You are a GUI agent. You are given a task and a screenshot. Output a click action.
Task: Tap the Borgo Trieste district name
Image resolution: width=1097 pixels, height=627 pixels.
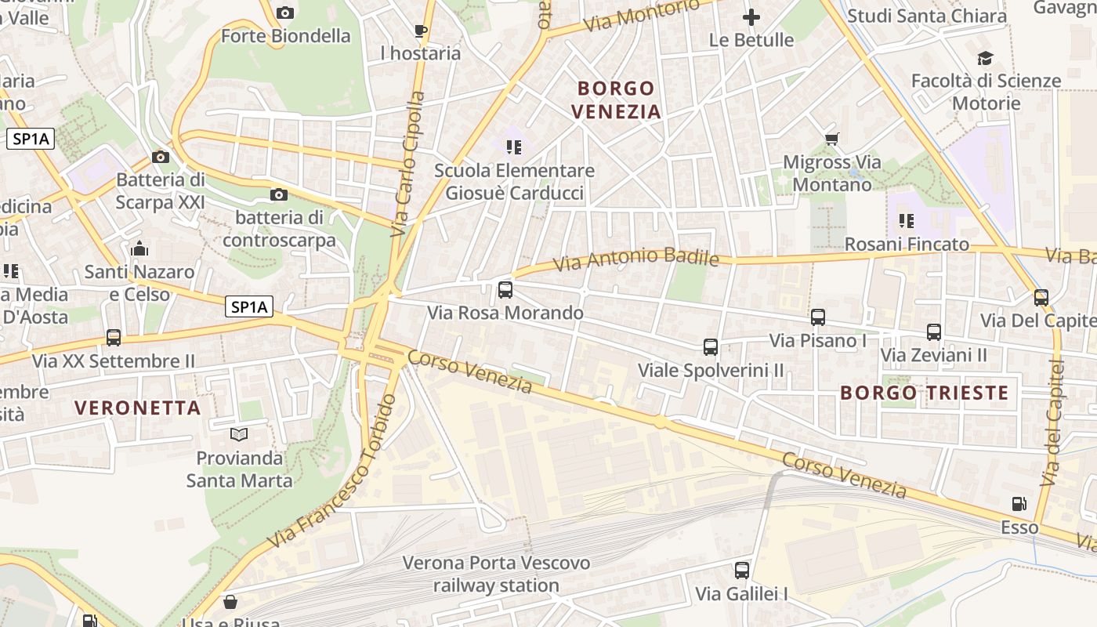point(924,393)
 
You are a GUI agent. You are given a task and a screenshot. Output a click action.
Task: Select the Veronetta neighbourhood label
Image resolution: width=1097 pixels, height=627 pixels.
point(138,408)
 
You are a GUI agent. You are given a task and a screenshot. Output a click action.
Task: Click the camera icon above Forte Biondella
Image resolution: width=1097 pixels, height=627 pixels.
point(285,13)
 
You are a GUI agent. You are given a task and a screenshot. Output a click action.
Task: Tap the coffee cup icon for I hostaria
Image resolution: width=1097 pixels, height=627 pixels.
point(421,31)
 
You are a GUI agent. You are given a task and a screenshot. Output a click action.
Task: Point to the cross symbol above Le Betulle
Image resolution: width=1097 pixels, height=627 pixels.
point(751,16)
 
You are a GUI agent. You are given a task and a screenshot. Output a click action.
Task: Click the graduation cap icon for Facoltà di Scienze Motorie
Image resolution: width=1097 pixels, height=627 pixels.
point(985,58)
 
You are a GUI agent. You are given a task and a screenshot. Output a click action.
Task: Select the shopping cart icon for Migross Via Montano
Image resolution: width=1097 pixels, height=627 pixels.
point(831,140)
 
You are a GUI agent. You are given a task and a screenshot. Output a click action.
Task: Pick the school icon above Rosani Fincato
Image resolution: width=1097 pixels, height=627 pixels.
point(907,221)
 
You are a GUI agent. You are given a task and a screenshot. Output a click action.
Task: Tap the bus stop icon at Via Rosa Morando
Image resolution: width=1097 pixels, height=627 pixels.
point(505,290)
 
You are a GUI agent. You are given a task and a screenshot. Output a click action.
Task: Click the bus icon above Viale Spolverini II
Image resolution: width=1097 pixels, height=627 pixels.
point(711,346)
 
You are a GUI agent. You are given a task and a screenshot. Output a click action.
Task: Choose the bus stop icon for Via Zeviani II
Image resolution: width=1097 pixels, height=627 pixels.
point(933,332)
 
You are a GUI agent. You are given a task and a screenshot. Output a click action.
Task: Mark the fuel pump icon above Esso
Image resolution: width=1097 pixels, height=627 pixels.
point(1019,504)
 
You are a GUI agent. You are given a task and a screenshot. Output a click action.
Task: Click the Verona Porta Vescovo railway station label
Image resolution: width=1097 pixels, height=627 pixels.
point(496,574)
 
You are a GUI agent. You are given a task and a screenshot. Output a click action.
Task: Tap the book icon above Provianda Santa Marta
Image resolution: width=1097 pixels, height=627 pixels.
point(239,434)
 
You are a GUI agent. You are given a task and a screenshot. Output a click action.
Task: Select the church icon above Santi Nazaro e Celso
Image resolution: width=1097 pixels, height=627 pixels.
point(139,249)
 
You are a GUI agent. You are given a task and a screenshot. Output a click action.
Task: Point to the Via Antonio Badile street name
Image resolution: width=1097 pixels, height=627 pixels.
point(636,258)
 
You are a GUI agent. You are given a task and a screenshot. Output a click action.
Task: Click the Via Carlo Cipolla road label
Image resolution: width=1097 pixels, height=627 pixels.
point(408,164)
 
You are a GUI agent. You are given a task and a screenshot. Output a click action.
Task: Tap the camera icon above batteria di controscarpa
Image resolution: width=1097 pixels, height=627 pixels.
point(278,194)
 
